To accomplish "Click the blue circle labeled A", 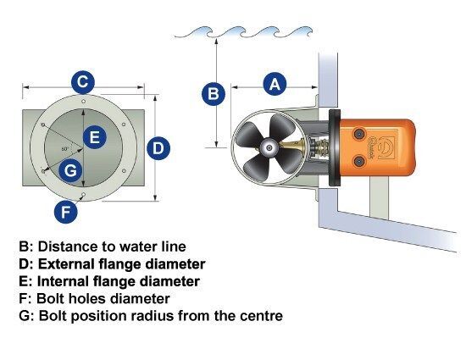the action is tap(275, 84).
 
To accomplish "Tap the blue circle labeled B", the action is tap(214, 93).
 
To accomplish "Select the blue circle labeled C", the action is tap(83, 82).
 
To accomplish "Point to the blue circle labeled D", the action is tap(158, 148).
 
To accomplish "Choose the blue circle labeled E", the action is tap(95, 137).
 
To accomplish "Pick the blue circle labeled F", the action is tap(66, 212).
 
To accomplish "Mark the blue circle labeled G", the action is tap(70, 170).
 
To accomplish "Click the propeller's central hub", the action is tap(269, 147).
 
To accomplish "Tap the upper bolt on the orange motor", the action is tap(359, 134).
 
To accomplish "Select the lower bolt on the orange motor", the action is tap(359, 161).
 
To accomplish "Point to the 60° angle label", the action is tap(65, 149).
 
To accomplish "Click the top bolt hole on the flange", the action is tap(84, 102).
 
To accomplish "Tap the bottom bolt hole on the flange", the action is tap(84, 195).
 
